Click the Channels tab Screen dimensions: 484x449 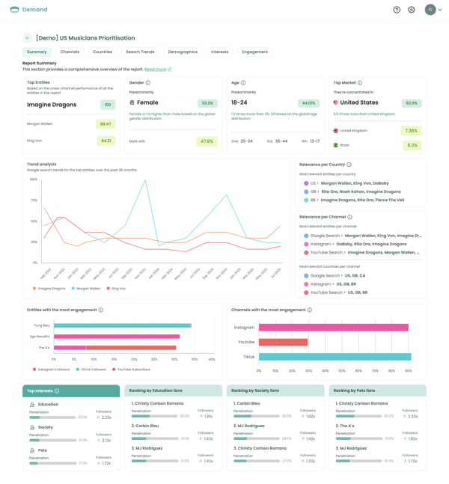tap(70, 52)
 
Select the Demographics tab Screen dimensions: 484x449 tap(183, 52)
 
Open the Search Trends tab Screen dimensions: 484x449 tap(140, 52)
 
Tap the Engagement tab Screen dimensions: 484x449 tap(254, 52)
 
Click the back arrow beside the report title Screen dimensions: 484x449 tap(28, 38)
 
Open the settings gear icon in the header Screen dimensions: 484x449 tap(411, 10)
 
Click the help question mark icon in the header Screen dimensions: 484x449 tap(397, 10)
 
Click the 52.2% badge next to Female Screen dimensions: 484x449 tap(207, 103)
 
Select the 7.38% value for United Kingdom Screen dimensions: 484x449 tap(411, 131)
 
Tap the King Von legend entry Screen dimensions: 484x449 tap(116, 288)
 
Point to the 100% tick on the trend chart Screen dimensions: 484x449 tap(34, 180)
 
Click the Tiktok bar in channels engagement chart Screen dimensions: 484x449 tap(335, 357)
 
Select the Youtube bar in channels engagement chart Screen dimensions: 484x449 tap(283, 342)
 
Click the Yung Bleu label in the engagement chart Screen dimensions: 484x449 tap(42, 325)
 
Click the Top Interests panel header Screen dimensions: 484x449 tap(71, 390)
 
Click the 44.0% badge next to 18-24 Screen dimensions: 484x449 tap(308, 103)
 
